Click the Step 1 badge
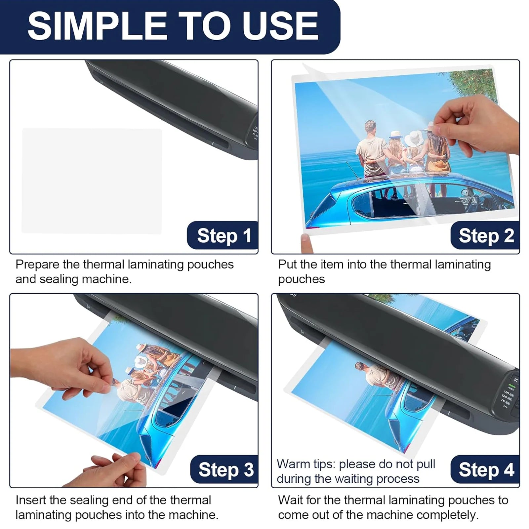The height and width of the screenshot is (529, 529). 223,235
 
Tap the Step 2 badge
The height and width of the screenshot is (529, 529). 485,235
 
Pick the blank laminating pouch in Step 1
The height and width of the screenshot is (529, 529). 92,181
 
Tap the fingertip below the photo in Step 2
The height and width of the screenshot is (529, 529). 306,243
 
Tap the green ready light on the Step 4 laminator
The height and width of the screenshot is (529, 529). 512,386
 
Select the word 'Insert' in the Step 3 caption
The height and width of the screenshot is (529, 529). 30,500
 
